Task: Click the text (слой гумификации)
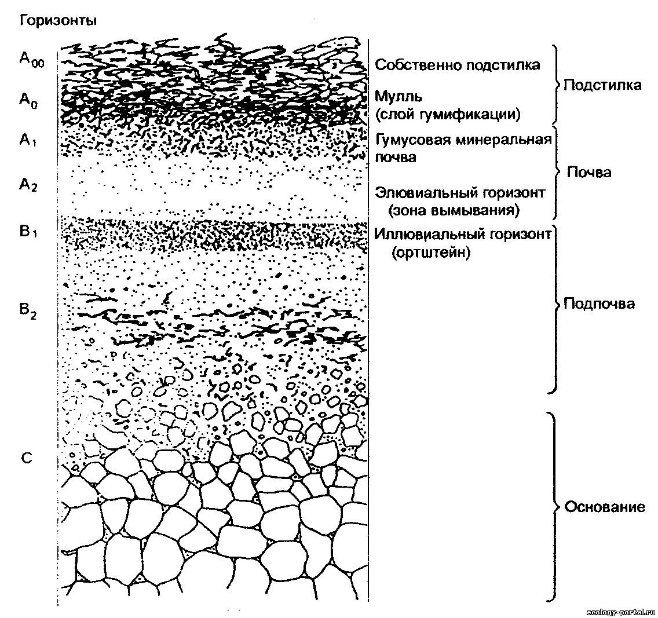(447, 114)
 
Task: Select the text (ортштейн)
(429, 253)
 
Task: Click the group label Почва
(588, 173)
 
